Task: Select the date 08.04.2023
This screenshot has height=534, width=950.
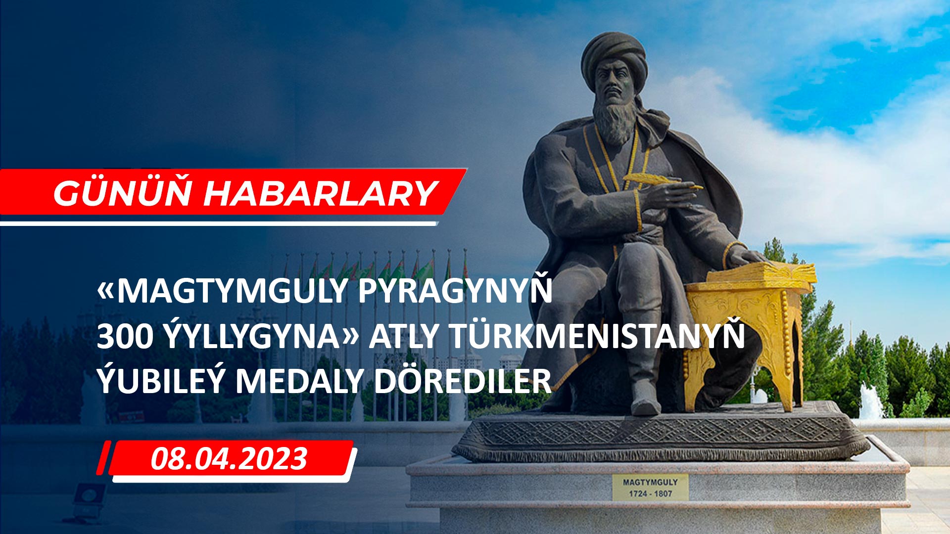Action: (229, 459)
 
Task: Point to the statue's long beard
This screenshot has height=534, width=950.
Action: (613, 119)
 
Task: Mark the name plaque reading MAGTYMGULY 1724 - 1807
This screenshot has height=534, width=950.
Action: (650, 487)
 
